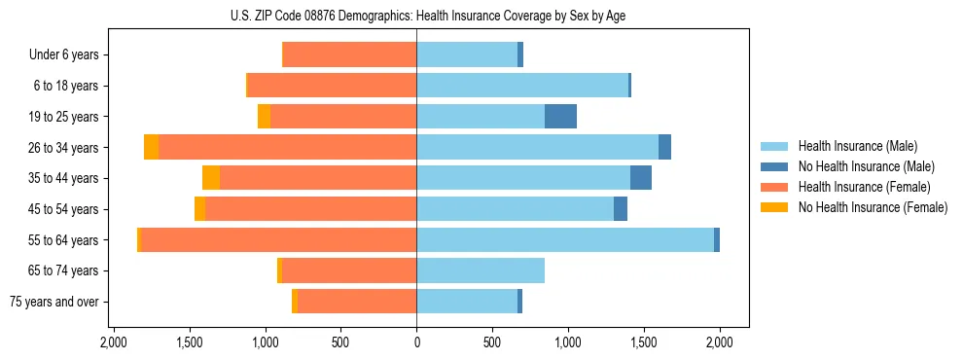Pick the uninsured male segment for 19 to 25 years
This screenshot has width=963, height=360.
[560, 117]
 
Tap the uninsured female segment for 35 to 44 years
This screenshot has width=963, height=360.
[211, 178]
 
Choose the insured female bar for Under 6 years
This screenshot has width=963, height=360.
[349, 55]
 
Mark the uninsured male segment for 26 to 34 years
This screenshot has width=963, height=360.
[664, 147]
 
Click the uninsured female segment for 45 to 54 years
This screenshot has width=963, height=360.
[199, 209]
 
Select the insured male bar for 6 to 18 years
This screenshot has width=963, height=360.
[522, 86]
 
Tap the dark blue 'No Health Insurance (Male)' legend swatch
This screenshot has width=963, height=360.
[773, 167]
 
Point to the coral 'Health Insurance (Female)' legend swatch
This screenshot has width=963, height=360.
[773, 187]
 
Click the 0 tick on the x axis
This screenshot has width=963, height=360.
[416, 342]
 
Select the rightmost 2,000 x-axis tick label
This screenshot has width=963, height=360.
[720, 342]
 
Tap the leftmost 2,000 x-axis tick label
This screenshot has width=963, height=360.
[114, 342]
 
